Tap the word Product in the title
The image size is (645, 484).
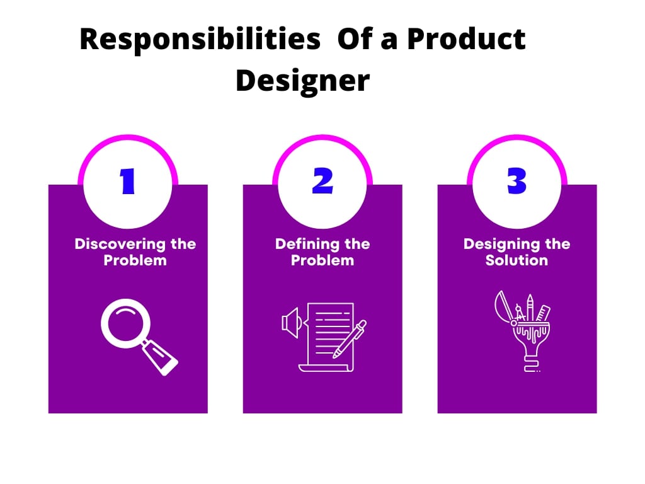[x=466, y=38]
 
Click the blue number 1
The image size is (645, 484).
[x=127, y=181]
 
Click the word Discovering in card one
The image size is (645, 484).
[x=120, y=244]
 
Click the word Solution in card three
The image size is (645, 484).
[x=517, y=260]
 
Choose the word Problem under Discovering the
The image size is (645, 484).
[x=135, y=260]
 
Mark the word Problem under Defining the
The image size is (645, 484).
[x=322, y=260]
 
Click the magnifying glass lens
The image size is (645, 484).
[x=125, y=323]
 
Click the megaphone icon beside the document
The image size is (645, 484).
[x=292, y=323]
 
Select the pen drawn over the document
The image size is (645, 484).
[x=350, y=339]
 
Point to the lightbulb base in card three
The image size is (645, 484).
[x=532, y=365]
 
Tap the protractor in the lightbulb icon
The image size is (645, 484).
[x=503, y=307]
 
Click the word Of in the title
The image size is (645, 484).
[x=355, y=38]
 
